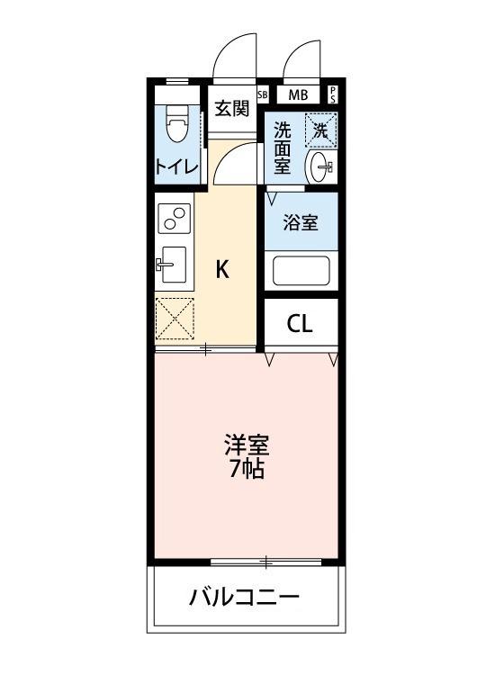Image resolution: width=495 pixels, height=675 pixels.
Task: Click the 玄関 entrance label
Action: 231,109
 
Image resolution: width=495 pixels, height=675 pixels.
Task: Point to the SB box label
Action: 263,94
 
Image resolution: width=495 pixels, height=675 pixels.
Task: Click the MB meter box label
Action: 296,94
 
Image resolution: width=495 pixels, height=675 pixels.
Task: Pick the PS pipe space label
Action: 333,94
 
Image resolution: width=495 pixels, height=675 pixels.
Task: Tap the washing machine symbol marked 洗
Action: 320,128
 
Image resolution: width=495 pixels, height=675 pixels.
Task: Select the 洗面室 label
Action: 282,148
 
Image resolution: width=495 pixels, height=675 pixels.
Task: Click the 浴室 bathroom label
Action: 300,224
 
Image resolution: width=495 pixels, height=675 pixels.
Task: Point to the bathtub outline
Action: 301,271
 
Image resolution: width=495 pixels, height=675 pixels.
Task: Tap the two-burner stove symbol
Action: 174,218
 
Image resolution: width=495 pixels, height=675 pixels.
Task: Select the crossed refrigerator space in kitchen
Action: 174,319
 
